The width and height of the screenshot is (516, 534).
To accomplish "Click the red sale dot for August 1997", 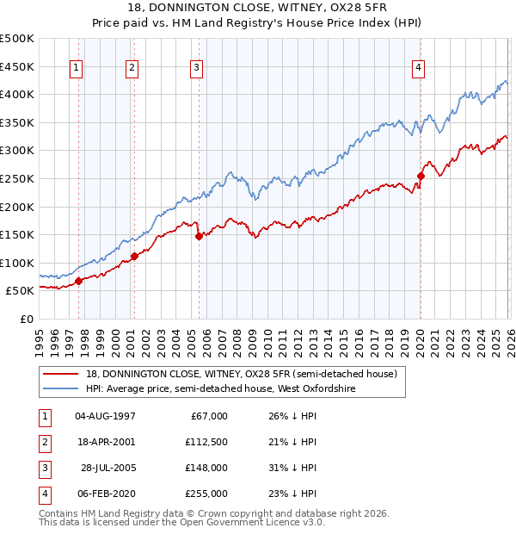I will click(x=78, y=281).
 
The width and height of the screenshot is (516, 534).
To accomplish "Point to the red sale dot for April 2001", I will click(x=135, y=256).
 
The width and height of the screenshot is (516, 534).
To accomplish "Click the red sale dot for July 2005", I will click(x=199, y=235).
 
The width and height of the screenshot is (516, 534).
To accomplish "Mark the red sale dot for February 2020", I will click(x=421, y=176).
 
